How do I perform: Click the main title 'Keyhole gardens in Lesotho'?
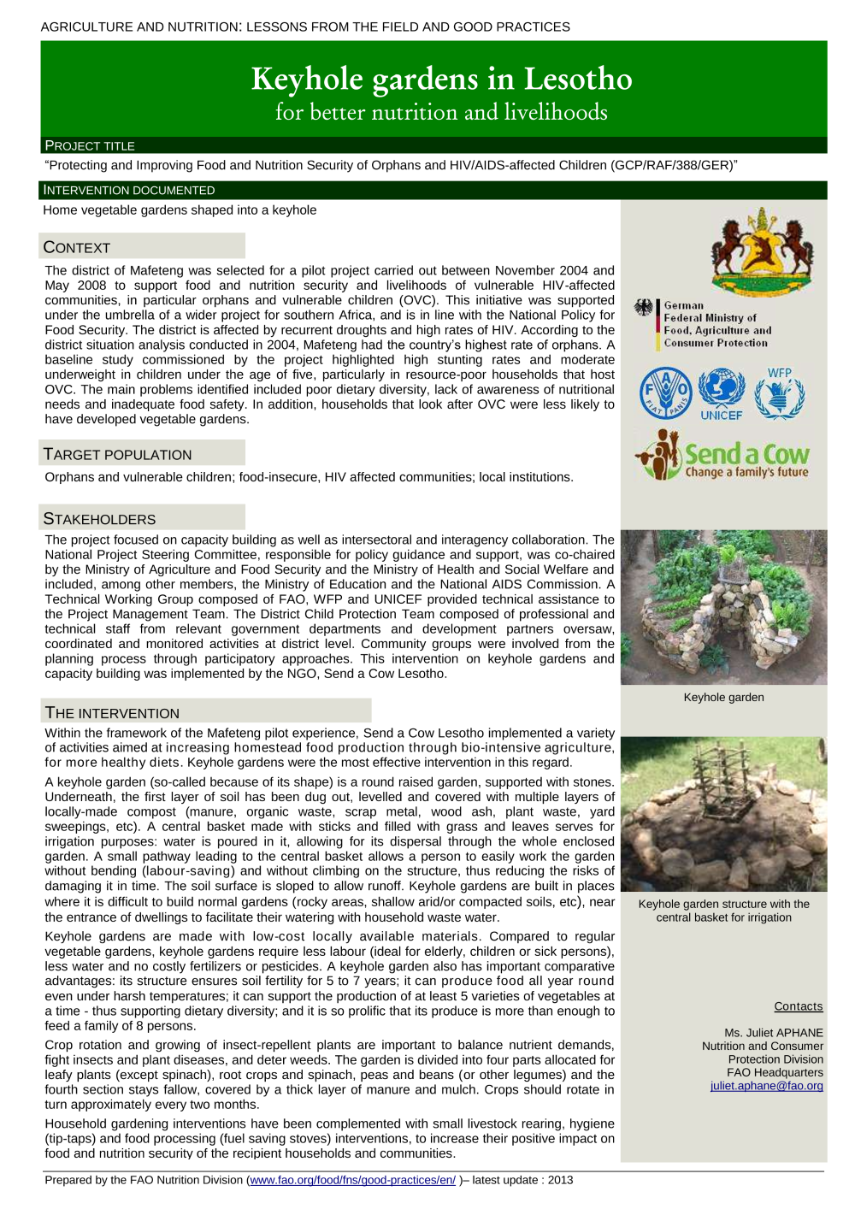point(441,79)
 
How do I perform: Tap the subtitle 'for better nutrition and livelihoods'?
point(441,112)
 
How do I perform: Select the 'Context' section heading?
point(77,247)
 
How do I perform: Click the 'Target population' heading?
point(118,454)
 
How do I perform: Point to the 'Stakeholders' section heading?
point(99,519)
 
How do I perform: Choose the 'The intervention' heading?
point(112,713)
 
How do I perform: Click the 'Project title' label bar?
point(90,145)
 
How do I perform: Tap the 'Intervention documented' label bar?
point(129,190)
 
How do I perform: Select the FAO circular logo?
point(664,392)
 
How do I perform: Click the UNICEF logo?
point(722,394)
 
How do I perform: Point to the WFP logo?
point(779,393)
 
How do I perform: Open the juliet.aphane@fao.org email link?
point(766,1086)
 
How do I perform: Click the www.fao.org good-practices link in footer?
point(352,1180)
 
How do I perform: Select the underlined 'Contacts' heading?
point(798,1006)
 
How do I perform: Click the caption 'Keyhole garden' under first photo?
point(723,697)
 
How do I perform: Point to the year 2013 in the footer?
point(560,1180)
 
